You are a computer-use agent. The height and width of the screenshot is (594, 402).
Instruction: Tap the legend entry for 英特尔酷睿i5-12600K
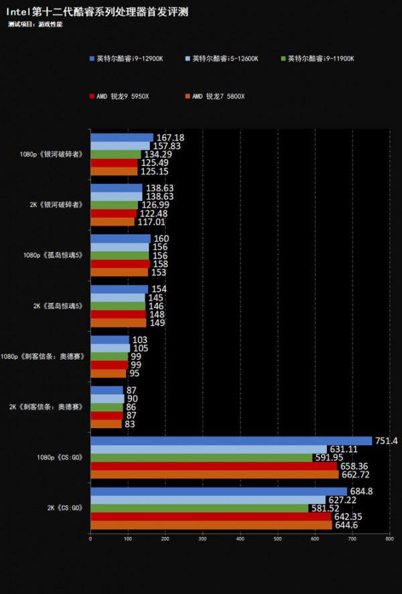pos(225,59)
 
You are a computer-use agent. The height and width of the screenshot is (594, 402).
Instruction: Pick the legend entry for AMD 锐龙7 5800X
pos(218,96)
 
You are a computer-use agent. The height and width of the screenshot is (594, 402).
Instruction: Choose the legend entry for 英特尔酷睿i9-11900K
pos(321,59)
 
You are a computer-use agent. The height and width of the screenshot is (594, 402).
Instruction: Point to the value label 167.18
pos(170,138)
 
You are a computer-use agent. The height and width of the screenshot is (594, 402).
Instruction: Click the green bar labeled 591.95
pos(201,458)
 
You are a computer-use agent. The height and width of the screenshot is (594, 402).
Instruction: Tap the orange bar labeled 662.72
pos(214,475)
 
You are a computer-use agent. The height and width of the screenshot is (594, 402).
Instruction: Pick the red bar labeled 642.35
pos(211,517)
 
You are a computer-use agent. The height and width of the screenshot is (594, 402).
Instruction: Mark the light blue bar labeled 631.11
pos(208,449)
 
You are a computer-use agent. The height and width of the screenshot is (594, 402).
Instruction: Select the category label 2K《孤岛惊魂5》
pos(58,306)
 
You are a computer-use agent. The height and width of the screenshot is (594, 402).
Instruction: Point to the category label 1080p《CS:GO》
pos(61,458)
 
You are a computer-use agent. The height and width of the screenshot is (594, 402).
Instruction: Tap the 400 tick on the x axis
pos(240,538)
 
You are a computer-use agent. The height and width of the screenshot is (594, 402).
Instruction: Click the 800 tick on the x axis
pos(389,538)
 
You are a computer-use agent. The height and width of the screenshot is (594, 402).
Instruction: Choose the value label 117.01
pos(151,222)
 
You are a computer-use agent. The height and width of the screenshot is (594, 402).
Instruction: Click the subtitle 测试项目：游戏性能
pos(36,24)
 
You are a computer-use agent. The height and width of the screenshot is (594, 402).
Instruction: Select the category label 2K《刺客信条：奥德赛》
pos(46,407)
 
